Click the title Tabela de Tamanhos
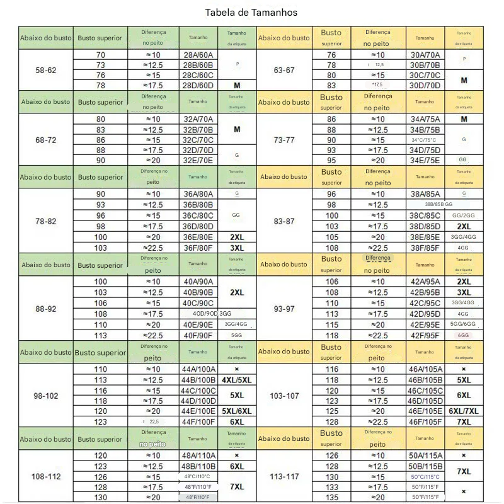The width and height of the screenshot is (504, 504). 251,12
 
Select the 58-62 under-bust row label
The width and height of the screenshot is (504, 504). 45,70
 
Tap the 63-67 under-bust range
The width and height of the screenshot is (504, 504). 284,70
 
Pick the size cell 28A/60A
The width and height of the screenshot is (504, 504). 198,55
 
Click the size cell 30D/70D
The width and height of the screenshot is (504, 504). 425,85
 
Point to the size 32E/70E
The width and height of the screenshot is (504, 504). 198,160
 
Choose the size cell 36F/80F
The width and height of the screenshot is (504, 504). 198,248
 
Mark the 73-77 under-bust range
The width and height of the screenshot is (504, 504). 284,140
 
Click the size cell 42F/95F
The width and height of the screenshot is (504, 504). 425,335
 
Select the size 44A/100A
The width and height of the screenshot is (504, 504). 198,369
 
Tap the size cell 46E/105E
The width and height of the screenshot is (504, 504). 425,411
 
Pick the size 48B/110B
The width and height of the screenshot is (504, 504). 198,466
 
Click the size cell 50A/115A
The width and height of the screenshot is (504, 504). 425,455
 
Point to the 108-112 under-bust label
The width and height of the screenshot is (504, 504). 45,477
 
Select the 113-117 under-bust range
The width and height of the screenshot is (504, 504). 284,477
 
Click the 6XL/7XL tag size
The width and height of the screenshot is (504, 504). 464,411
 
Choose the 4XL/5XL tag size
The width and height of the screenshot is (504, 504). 236,380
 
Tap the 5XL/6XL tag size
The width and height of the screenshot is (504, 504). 236,411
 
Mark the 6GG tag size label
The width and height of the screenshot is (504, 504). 464,336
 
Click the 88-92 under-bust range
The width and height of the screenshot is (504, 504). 45,309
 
